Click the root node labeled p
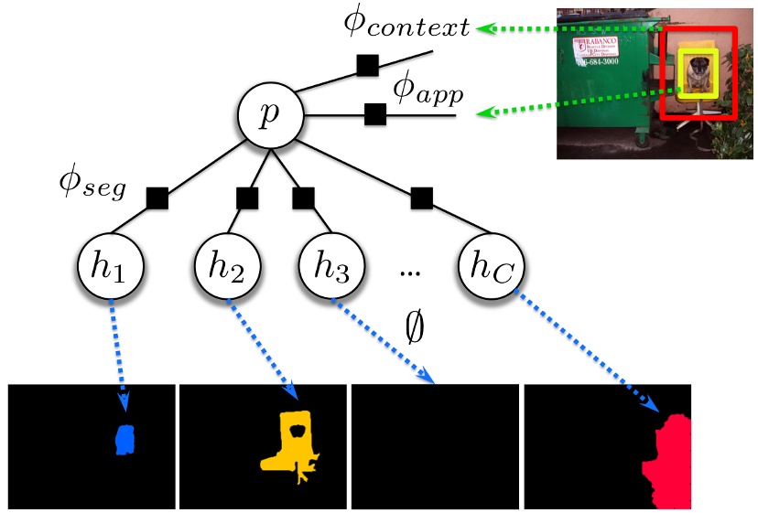tap(269, 118)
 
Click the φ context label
tap(406, 25)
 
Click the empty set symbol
tap(415, 326)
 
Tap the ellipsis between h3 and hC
tap(411, 271)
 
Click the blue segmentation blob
tap(125, 439)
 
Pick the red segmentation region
tap(667, 462)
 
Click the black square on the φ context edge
tap(367, 66)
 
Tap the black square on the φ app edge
tap(374, 114)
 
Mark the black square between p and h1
tap(157, 198)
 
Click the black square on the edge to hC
tap(422, 197)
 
